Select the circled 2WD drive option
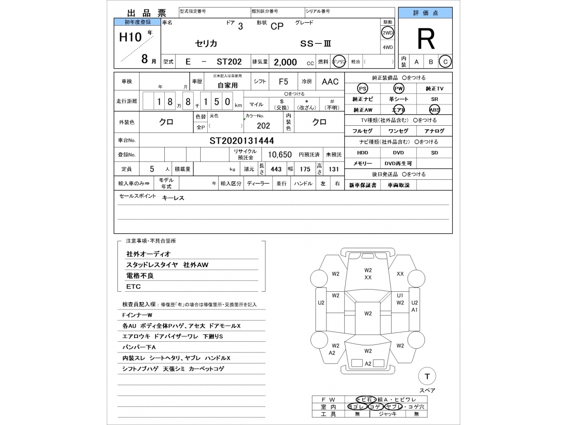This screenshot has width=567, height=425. click(388, 33)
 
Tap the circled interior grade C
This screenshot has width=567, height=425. click(445, 62)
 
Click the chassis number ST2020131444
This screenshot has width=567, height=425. click(241, 141)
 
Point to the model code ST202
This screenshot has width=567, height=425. click(229, 62)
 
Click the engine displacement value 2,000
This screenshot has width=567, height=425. click(285, 62)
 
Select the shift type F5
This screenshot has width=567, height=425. click(283, 81)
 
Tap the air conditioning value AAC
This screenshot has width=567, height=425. click(330, 81)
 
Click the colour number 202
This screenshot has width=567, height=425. click(263, 126)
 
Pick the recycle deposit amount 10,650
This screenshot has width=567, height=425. click(280, 155)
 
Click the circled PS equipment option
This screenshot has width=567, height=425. click(362, 89)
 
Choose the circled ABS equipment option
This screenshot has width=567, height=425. click(434, 110)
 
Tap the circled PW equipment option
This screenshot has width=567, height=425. click(399, 89)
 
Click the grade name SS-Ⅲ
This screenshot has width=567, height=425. click(316, 44)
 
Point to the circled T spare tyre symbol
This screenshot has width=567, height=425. click(427, 376)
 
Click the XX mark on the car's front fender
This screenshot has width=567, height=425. click(400, 274)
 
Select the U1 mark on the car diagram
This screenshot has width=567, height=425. click(400, 295)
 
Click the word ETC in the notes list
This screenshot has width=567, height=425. click(133, 286)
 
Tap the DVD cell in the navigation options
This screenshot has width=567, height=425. click(398, 153)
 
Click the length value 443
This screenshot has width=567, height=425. click(276, 169)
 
